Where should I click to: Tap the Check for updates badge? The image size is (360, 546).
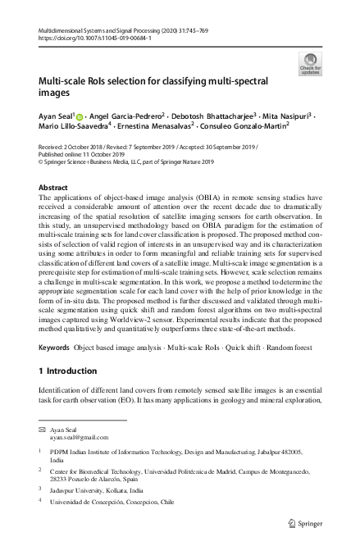pyautogui.click(x=311, y=64)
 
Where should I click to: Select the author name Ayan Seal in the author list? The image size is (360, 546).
pyautogui.click(x=58, y=117)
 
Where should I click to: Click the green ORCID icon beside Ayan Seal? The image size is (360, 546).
pyautogui.click(x=80, y=118)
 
